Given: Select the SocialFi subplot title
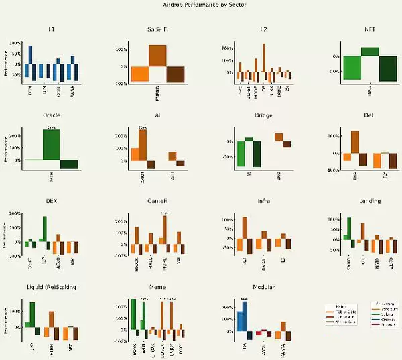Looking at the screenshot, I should click(x=157, y=31).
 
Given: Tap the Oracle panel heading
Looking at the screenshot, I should click(x=52, y=115).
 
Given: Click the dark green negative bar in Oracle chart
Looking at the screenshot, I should click(x=69, y=164).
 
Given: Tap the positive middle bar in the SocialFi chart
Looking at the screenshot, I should click(x=157, y=56).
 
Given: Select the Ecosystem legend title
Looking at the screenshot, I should click(x=383, y=302).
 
